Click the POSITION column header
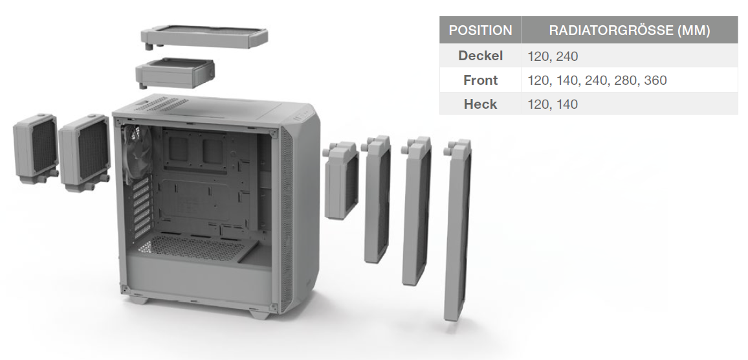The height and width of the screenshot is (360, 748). (x=480, y=30)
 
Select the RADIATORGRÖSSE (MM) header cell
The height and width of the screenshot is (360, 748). (x=629, y=30)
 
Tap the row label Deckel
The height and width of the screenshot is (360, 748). (x=480, y=56)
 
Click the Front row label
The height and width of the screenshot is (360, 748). (x=480, y=80)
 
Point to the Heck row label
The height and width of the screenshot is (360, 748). (x=480, y=104)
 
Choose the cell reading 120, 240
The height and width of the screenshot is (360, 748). (x=553, y=56)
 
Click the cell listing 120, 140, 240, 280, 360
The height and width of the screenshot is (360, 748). (x=597, y=80)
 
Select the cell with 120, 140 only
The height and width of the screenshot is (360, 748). (x=553, y=104)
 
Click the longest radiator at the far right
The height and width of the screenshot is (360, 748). (x=457, y=229)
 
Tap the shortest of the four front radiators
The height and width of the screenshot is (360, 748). (x=341, y=181)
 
